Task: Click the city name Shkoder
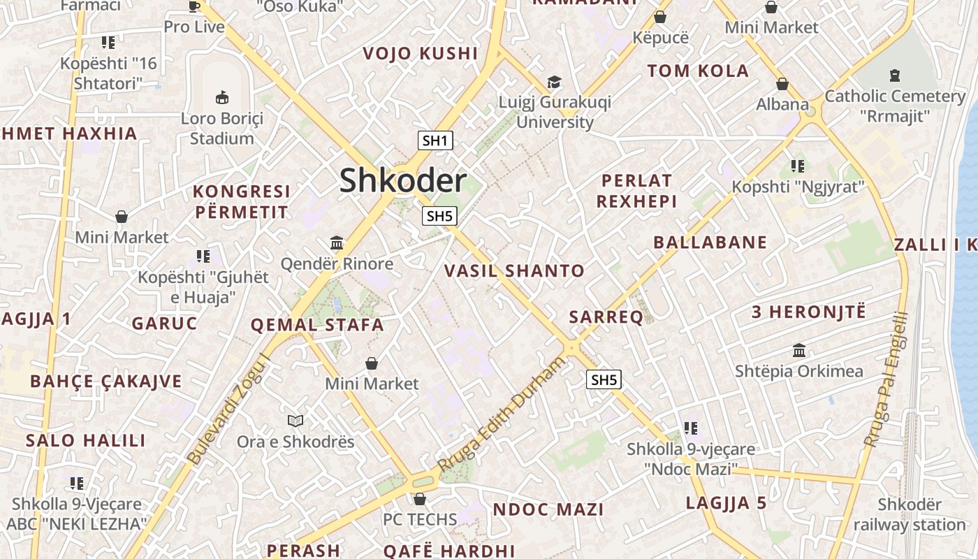[x=403, y=181]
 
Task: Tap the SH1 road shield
[x=435, y=140]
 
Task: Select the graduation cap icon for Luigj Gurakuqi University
[x=554, y=82]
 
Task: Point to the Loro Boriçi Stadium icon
[x=222, y=97]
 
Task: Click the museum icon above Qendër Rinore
[x=337, y=243]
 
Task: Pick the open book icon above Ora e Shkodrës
[x=295, y=421]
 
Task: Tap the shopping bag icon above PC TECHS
[x=419, y=499]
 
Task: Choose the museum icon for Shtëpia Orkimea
[x=799, y=350]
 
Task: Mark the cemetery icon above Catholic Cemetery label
[x=895, y=75]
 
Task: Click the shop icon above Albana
[x=782, y=84]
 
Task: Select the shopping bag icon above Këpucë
[x=660, y=17]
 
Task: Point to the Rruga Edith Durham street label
[x=501, y=414]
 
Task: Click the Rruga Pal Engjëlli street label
[x=885, y=379]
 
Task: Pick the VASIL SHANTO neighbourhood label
[x=514, y=271]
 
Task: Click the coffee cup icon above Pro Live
[x=194, y=6]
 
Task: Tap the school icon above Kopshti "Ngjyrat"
[x=798, y=166]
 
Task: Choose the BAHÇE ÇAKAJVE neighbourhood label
[x=105, y=382]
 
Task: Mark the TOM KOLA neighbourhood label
[x=697, y=71]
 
